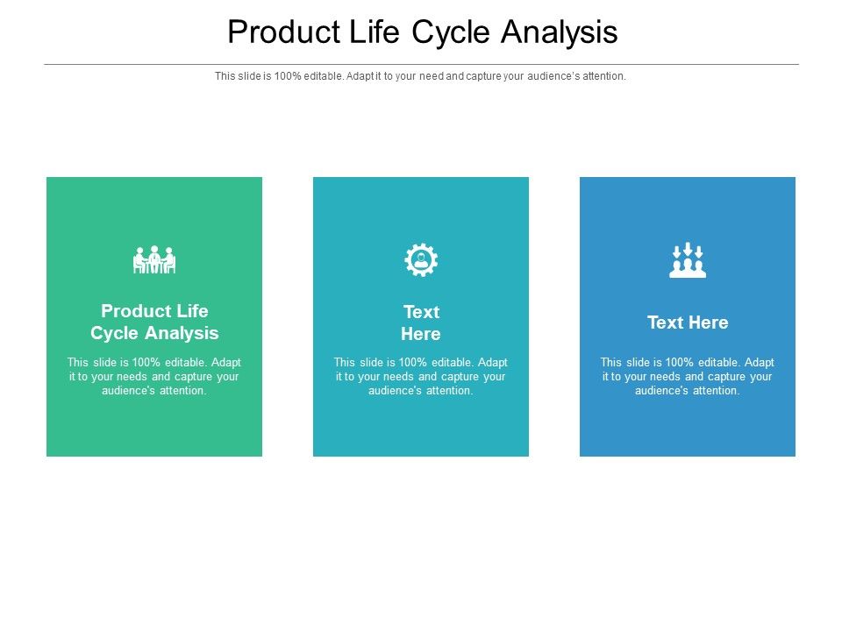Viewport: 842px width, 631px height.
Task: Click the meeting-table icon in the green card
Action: (154, 260)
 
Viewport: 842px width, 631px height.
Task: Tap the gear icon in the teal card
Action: (421, 260)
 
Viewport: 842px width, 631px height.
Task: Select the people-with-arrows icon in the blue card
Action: (688, 260)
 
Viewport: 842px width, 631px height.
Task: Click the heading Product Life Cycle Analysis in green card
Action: (154, 322)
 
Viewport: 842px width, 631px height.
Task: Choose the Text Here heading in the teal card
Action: (421, 323)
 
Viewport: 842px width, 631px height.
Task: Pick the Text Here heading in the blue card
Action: (688, 323)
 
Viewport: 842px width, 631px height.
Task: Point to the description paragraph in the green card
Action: (154, 376)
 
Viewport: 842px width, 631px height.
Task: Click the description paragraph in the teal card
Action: (421, 376)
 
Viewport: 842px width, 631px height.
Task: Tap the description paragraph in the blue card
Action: (688, 376)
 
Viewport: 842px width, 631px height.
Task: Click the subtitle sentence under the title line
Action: (421, 76)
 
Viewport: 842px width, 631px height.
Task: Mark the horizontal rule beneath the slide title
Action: (421, 64)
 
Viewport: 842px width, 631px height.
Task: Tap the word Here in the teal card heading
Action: (421, 334)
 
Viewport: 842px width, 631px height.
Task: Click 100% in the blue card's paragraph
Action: (679, 362)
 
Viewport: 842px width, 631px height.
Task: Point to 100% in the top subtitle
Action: (287, 76)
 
